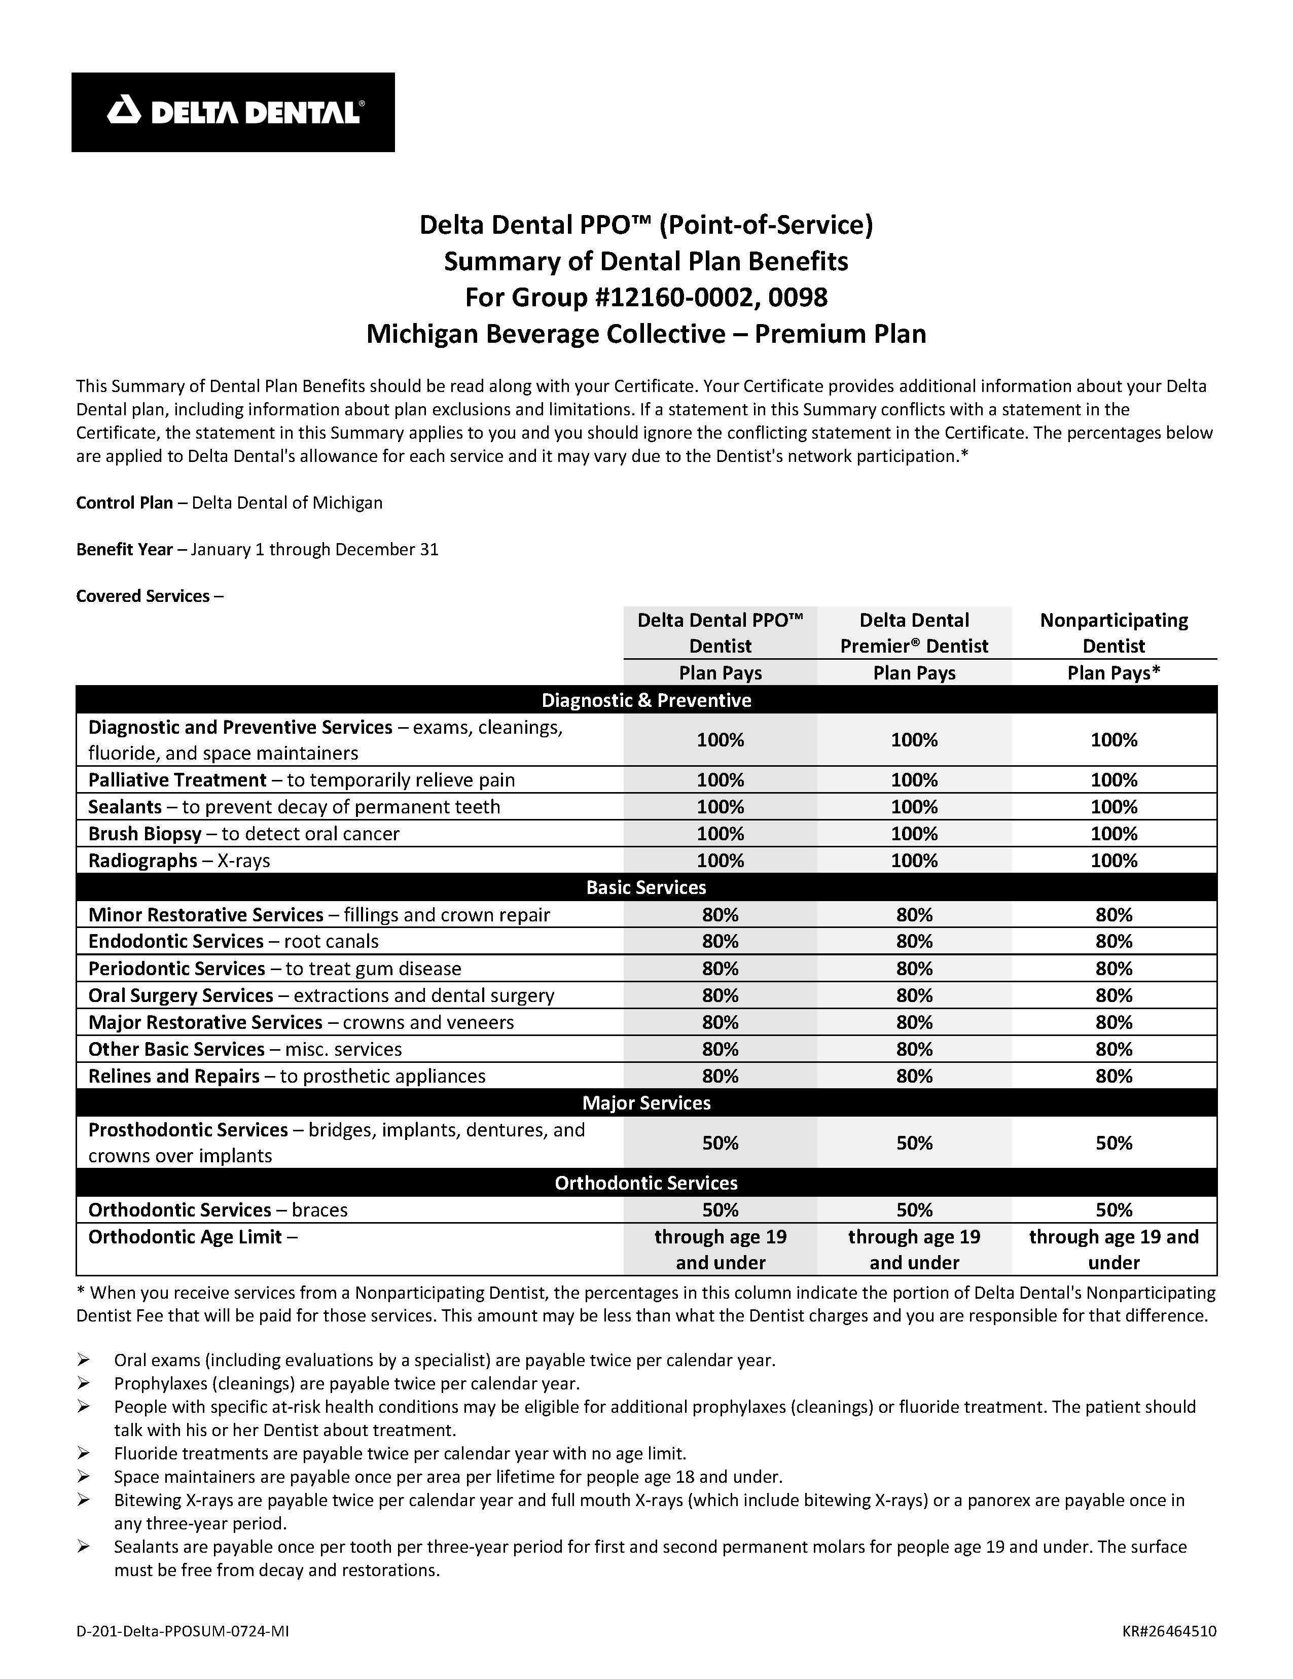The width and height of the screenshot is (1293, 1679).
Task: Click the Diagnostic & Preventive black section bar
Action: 645,700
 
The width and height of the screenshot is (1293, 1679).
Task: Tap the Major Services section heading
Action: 645,1102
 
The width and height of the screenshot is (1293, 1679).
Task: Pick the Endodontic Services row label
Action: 175,941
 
